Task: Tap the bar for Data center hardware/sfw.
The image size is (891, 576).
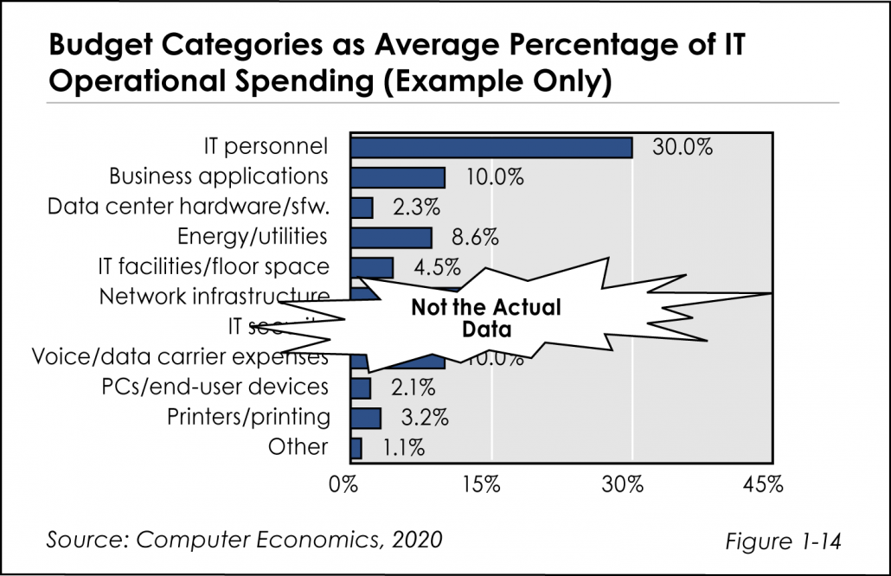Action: pos(361,208)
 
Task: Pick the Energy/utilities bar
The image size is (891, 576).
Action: pos(390,237)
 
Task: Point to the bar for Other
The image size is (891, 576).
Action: pos(356,447)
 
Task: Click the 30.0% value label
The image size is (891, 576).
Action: pos(683,147)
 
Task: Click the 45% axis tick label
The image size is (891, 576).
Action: pos(762,484)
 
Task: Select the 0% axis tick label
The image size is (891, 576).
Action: pos(344,484)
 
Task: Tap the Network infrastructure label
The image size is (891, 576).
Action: pos(214,297)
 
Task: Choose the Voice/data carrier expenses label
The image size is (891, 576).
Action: pos(179,356)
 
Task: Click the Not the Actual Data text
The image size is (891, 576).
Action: pos(485,318)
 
